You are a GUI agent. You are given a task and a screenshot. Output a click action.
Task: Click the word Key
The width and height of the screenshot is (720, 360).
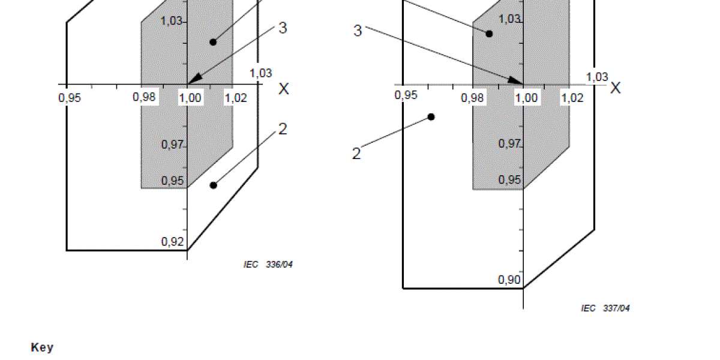pyautogui.click(x=42, y=348)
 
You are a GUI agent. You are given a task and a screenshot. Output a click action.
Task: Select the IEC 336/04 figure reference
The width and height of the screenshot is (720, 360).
pyautogui.click(x=268, y=265)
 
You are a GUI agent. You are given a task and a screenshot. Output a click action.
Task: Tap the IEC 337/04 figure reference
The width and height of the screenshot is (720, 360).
pyautogui.click(x=605, y=308)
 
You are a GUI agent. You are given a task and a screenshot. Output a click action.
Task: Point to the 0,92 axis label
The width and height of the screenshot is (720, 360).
pyautogui.click(x=172, y=241)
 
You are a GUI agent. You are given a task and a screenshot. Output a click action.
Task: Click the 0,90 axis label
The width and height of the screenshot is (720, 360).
pyautogui.click(x=509, y=280)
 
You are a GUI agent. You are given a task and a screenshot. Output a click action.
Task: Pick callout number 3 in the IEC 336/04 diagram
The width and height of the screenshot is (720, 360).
pyautogui.click(x=283, y=28)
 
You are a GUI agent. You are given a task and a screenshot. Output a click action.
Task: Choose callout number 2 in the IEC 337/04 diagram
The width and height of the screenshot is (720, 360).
pyautogui.click(x=356, y=154)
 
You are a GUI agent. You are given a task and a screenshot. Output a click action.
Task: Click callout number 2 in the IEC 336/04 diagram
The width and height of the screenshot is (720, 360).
pyautogui.click(x=283, y=129)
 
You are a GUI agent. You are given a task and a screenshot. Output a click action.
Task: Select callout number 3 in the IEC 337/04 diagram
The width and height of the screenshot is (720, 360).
pyautogui.click(x=358, y=31)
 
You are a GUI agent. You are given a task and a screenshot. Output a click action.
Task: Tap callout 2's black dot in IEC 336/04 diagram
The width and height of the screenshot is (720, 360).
pyautogui.click(x=214, y=185)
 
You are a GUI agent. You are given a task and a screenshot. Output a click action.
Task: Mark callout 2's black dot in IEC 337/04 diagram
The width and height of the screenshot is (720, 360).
pyautogui.click(x=431, y=117)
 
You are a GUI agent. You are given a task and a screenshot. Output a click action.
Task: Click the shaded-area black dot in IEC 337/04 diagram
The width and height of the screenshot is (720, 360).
pyautogui.click(x=489, y=34)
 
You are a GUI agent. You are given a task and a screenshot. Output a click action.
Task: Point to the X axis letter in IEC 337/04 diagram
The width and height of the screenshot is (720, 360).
pyautogui.click(x=616, y=88)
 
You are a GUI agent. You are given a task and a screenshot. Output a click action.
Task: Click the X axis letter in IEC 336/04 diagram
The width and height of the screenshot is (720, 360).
pyautogui.click(x=283, y=88)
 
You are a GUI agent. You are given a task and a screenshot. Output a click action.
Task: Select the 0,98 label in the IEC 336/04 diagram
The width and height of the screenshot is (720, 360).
pyautogui.click(x=144, y=97)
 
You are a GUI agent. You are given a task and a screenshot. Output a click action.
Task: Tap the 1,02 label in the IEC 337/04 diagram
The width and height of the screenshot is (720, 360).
pyautogui.click(x=572, y=97)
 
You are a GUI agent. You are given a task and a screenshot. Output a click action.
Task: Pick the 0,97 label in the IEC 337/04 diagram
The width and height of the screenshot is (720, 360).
pyautogui.click(x=509, y=143)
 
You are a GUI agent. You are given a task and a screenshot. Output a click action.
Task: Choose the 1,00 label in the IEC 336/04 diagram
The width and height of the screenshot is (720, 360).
pyautogui.click(x=190, y=98)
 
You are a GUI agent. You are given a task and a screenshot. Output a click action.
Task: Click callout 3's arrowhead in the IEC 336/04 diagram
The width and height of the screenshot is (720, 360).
pyautogui.click(x=194, y=79)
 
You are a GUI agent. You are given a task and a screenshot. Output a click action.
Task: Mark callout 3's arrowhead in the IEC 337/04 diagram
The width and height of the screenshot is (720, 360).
pyautogui.click(x=515, y=81)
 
